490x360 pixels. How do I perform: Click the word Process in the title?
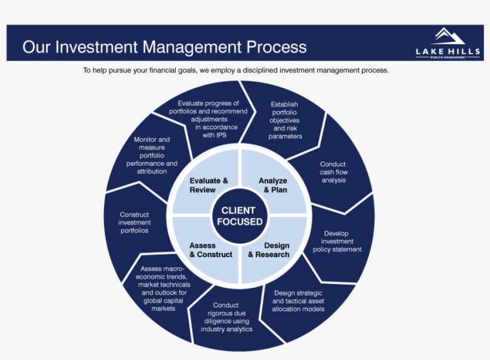274,47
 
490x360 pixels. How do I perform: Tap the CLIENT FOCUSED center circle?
238,216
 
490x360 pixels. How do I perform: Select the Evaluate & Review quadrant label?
209,185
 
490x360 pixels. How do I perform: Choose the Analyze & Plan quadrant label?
272,185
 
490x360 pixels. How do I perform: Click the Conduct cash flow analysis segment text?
333,172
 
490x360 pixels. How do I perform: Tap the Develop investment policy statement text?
337,242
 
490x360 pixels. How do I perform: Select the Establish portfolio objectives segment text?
284,120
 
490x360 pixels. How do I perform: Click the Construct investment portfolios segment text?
134,222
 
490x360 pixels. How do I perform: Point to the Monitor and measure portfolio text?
152,155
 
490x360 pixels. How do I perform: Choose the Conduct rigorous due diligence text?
226,318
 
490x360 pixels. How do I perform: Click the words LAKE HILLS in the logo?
448,52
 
